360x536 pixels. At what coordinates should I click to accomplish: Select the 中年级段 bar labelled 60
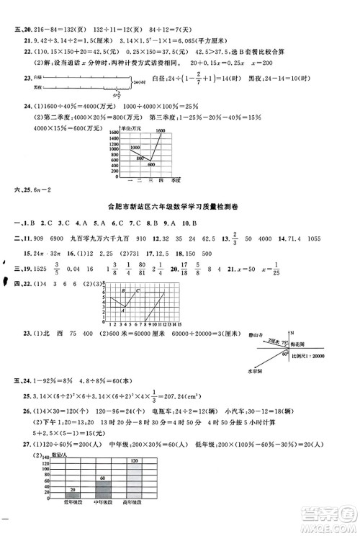coord(103,506)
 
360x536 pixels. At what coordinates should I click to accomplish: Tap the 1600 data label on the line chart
coord(161,130)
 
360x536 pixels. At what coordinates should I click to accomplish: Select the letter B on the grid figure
coord(122,290)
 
